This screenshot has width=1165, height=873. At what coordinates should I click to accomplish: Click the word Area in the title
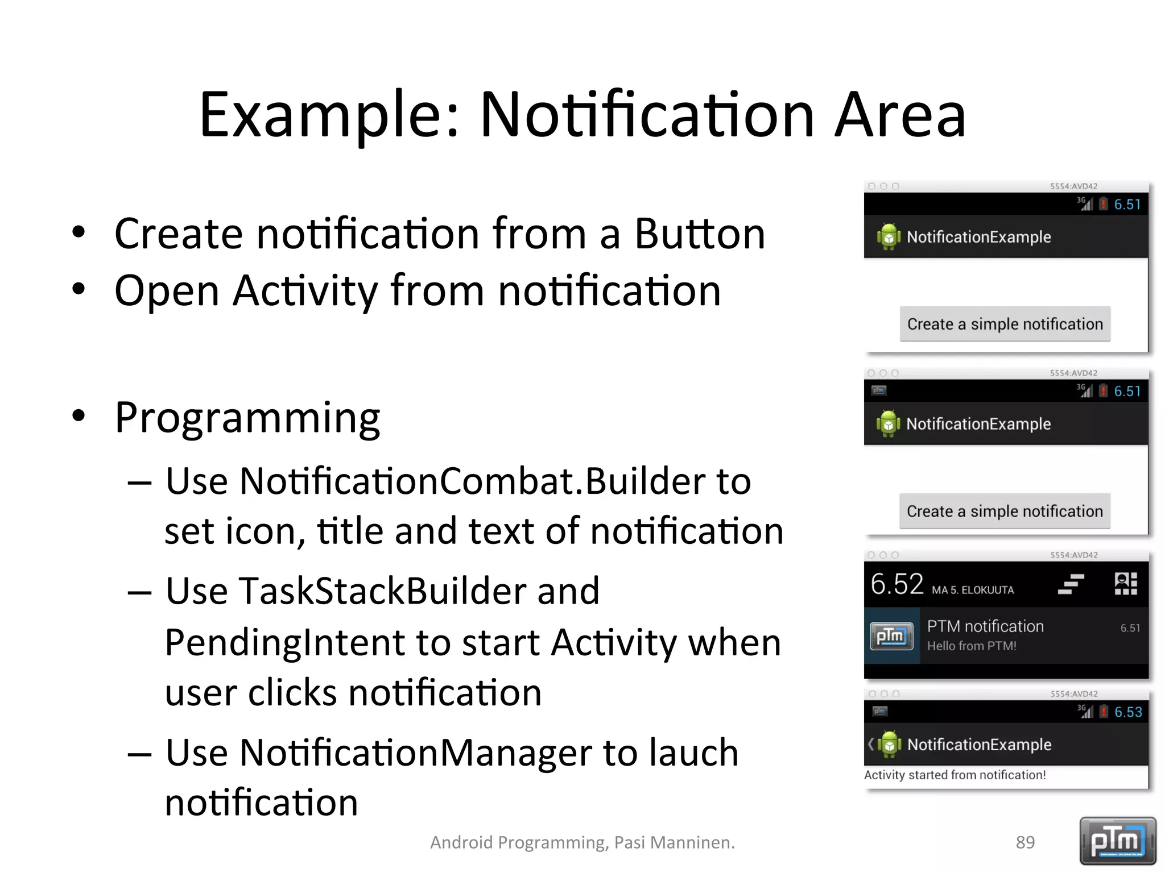coord(900,115)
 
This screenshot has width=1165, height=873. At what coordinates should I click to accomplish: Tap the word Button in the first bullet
coord(700,234)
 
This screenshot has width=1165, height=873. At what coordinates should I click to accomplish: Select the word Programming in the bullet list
coord(247,418)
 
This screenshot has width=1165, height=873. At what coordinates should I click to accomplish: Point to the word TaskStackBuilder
coord(383,591)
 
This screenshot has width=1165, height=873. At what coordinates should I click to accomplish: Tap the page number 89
coord(1025,842)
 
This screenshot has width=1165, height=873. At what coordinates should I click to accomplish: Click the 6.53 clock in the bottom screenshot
coord(1127,712)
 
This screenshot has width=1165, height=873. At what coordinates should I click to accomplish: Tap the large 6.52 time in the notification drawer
coord(897,584)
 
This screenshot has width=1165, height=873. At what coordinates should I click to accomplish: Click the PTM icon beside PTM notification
coord(891,636)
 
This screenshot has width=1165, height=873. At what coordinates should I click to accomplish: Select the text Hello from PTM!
coord(971,646)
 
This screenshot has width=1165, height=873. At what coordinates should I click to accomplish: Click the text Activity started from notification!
coord(955,775)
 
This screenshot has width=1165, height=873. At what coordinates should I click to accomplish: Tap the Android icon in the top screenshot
coord(888,237)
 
